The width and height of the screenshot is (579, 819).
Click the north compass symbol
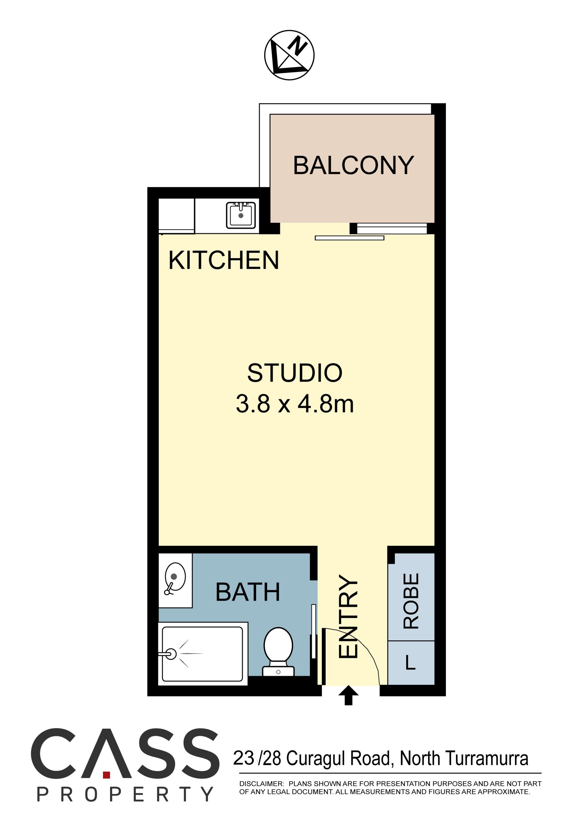coord(289,55)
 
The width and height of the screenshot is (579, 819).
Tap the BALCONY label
coord(353,165)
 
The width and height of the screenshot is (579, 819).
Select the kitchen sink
coord(241,215)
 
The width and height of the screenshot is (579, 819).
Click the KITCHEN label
coord(224,260)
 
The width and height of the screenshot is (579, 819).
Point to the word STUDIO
coord(295,373)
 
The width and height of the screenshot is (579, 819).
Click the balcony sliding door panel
coord(349,238)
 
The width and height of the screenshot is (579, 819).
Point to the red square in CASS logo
coord(106,775)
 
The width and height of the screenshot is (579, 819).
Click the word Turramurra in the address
coord(486,758)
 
